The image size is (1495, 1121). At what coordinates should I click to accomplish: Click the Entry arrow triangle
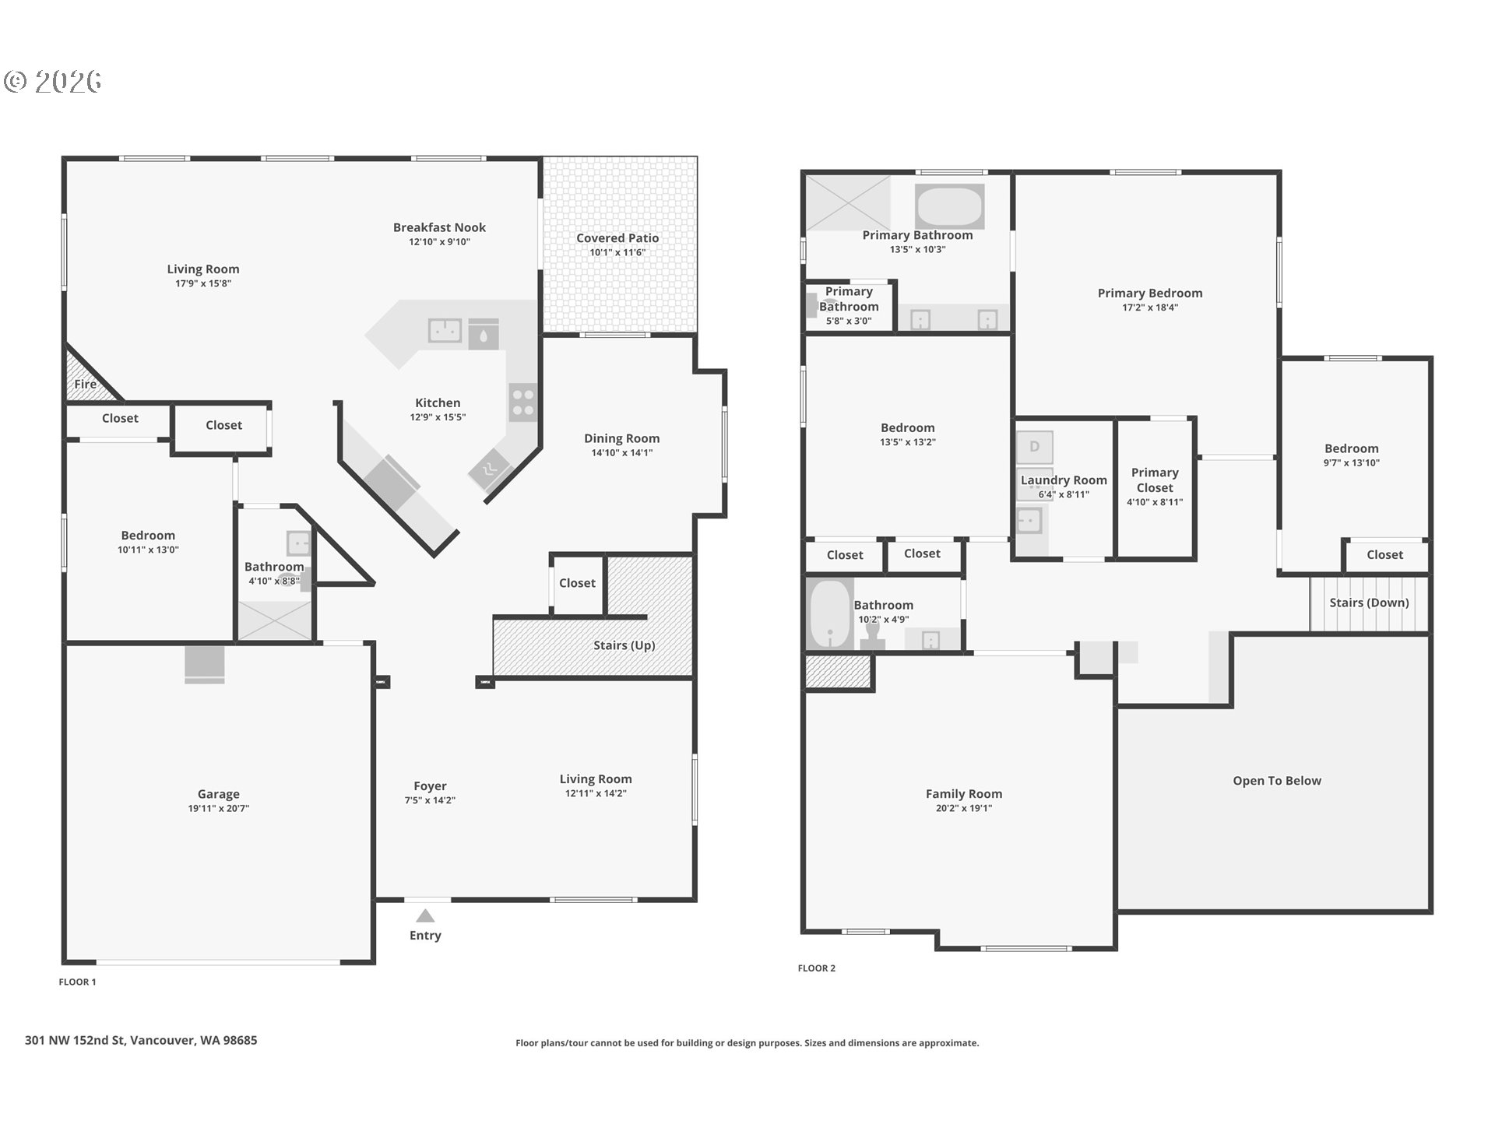tap(425, 915)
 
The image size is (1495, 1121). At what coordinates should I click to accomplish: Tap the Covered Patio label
tap(617, 238)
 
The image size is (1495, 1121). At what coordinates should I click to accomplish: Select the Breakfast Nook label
tap(439, 227)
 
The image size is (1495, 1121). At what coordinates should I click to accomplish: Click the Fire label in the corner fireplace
tap(85, 384)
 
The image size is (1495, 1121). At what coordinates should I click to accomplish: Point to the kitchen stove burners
tap(523, 402)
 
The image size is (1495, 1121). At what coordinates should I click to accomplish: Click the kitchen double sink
tap(445, 330)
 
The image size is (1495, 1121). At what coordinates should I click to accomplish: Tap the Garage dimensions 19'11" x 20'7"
tap(218, 808)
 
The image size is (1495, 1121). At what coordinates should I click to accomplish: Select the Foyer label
tap(430, 786)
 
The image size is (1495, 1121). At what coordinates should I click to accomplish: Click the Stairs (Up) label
tap(624, 645)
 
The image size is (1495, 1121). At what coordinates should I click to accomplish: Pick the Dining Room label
tap(621, 438)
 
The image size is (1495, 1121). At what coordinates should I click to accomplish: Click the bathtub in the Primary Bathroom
tap(949, 206)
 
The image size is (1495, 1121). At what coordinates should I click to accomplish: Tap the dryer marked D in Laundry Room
tap(1034, 447)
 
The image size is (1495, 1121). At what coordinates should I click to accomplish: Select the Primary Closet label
tap(1155, 480)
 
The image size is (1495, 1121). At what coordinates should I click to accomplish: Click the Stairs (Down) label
tap(1369, 603)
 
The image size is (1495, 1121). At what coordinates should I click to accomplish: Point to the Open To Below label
tap(1277, 781)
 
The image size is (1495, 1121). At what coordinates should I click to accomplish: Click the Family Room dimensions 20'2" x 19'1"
tap(964, 808)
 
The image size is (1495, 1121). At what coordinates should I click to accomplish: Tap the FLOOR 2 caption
tap(816, 968)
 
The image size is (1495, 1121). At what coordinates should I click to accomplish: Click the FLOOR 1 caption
tap(77, 982)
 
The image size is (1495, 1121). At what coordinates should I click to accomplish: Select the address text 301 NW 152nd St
tap(75, 1040)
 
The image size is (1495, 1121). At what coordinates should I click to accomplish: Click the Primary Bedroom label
tap(1150, 293)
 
